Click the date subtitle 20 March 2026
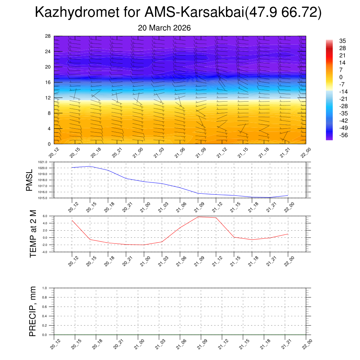tap(165, 28)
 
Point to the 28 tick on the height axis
tap(48, 36)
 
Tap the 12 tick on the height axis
tap(48, 98)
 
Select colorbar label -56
tap(343, 135)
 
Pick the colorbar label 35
tap(342, 41)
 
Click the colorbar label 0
tap(341, 77)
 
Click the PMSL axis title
tap(29, 180)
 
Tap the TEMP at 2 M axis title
tap(33, 234)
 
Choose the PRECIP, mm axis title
tap(33, 311)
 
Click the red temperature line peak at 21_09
tap(198, 217)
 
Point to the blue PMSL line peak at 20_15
tap(90, 166)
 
